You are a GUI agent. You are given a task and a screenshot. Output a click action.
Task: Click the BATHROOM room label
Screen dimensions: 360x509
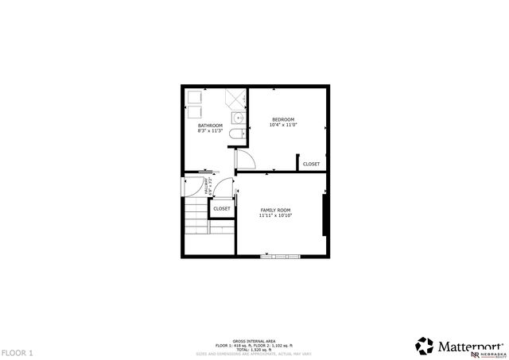coord(210,126)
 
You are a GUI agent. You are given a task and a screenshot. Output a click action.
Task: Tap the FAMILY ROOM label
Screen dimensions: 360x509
coord(275,210)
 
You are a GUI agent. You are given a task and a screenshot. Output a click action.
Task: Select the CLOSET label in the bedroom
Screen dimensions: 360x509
coord(311,164)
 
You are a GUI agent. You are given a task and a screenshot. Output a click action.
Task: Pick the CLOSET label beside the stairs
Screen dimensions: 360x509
coord(221,208)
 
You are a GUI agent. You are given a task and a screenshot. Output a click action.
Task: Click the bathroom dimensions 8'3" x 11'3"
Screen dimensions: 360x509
coord(210,131)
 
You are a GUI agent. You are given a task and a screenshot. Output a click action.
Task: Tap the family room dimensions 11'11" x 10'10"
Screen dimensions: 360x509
coord(275,215)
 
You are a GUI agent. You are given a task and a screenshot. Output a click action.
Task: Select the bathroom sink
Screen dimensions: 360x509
coord(237,118)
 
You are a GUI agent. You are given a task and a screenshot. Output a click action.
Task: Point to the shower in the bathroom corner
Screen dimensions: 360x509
coord(236,99)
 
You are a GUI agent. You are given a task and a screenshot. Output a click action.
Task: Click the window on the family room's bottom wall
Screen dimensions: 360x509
coord(281,256)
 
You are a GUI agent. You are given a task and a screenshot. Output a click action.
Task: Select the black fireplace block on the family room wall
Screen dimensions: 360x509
coord(324,215)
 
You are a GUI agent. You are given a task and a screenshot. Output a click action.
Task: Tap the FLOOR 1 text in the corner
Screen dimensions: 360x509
coord(17,352)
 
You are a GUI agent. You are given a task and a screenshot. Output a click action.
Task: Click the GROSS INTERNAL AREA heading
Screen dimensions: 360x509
coord(254,339)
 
